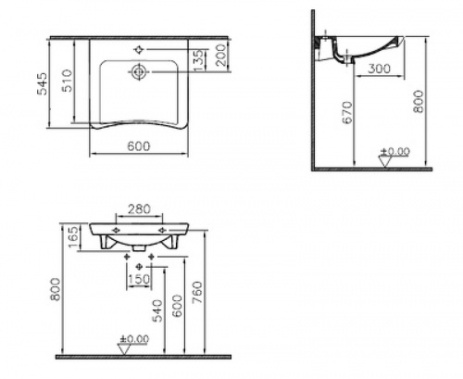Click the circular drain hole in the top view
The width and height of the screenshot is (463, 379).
tap(138, 71)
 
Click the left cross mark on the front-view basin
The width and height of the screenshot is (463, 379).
tap(115, 229)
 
